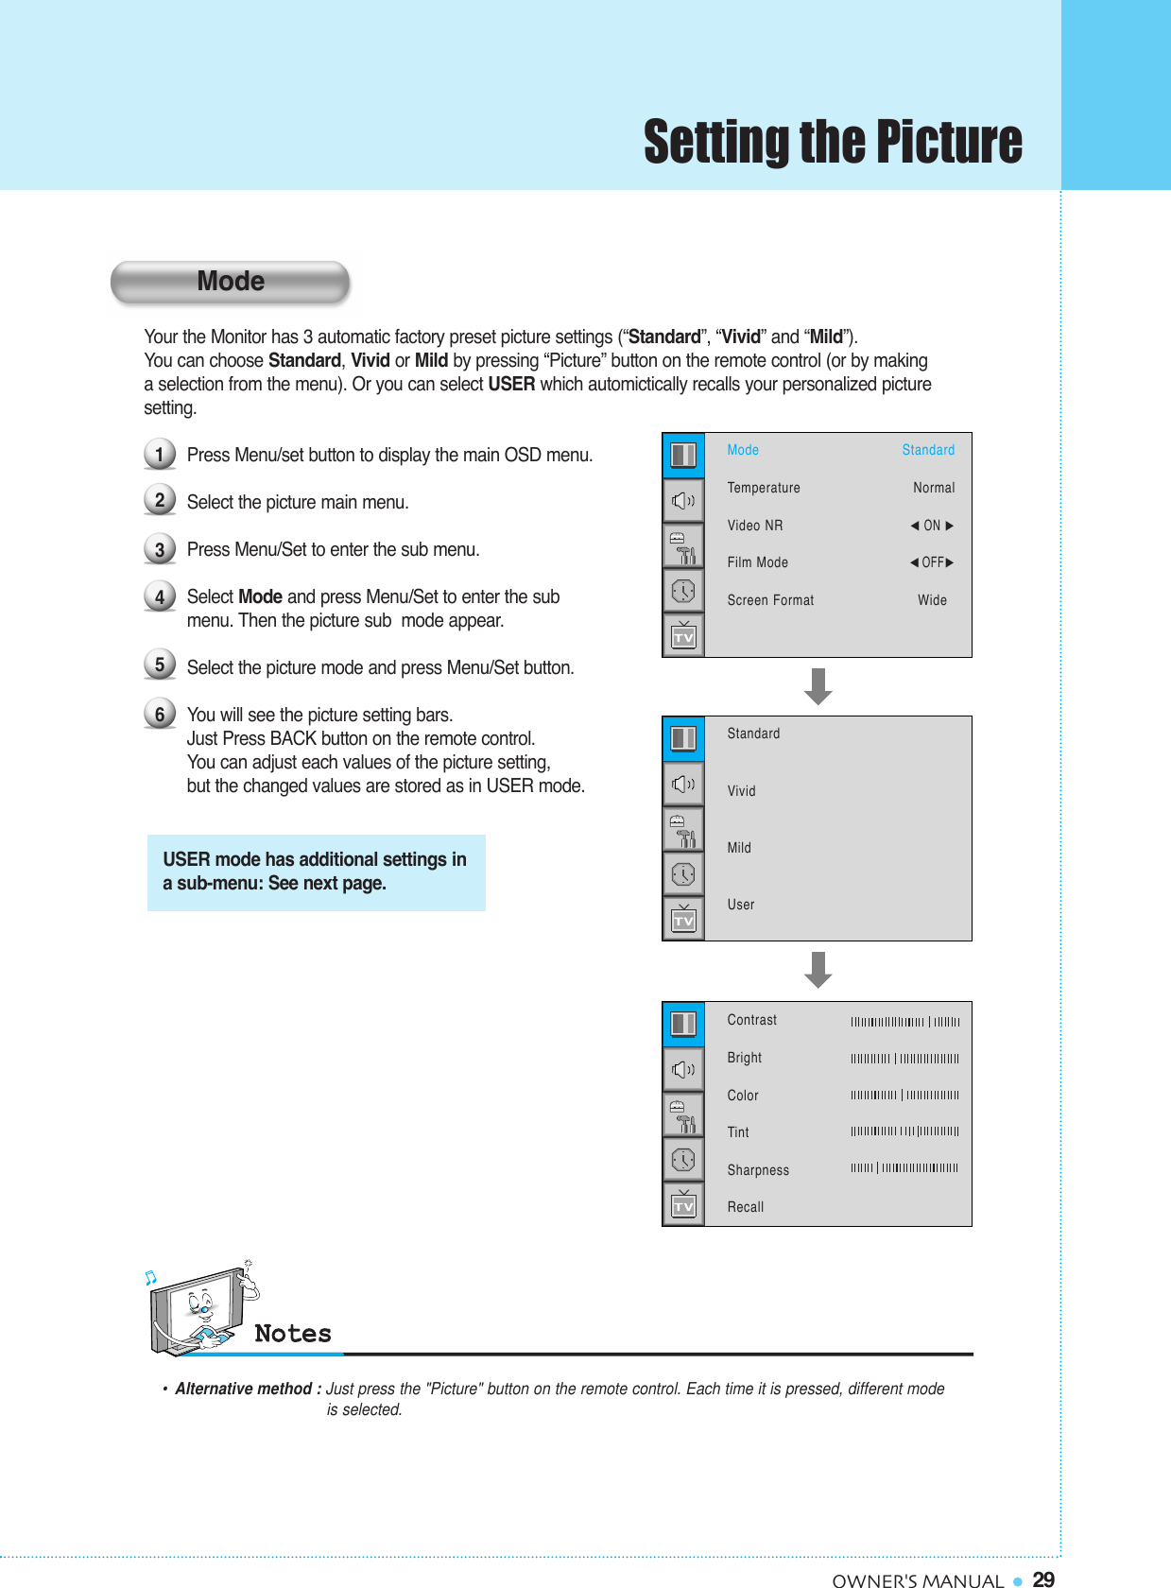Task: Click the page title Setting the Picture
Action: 833,142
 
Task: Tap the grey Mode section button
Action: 231,282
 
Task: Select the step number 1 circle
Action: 160,455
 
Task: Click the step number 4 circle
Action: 160,596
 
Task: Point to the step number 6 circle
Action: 160,714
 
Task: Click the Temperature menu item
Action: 764,488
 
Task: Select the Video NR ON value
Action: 932,526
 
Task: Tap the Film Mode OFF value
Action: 932,562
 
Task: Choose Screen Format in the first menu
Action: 770,600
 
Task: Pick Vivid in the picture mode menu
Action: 742,791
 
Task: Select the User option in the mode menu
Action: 741,905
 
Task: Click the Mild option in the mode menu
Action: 739,848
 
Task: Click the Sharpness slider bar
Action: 904,1168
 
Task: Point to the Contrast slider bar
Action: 904,1021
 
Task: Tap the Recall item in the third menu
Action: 746,1207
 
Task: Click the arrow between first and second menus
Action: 818,686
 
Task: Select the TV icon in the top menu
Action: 683,636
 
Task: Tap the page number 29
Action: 1043,1579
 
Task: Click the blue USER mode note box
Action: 316,872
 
